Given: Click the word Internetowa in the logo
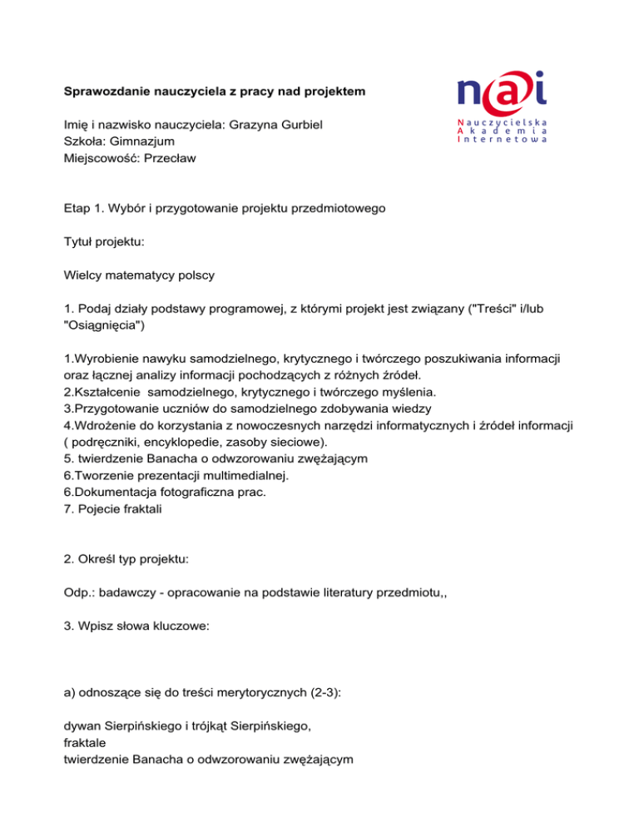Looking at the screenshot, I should pos(502,141).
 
